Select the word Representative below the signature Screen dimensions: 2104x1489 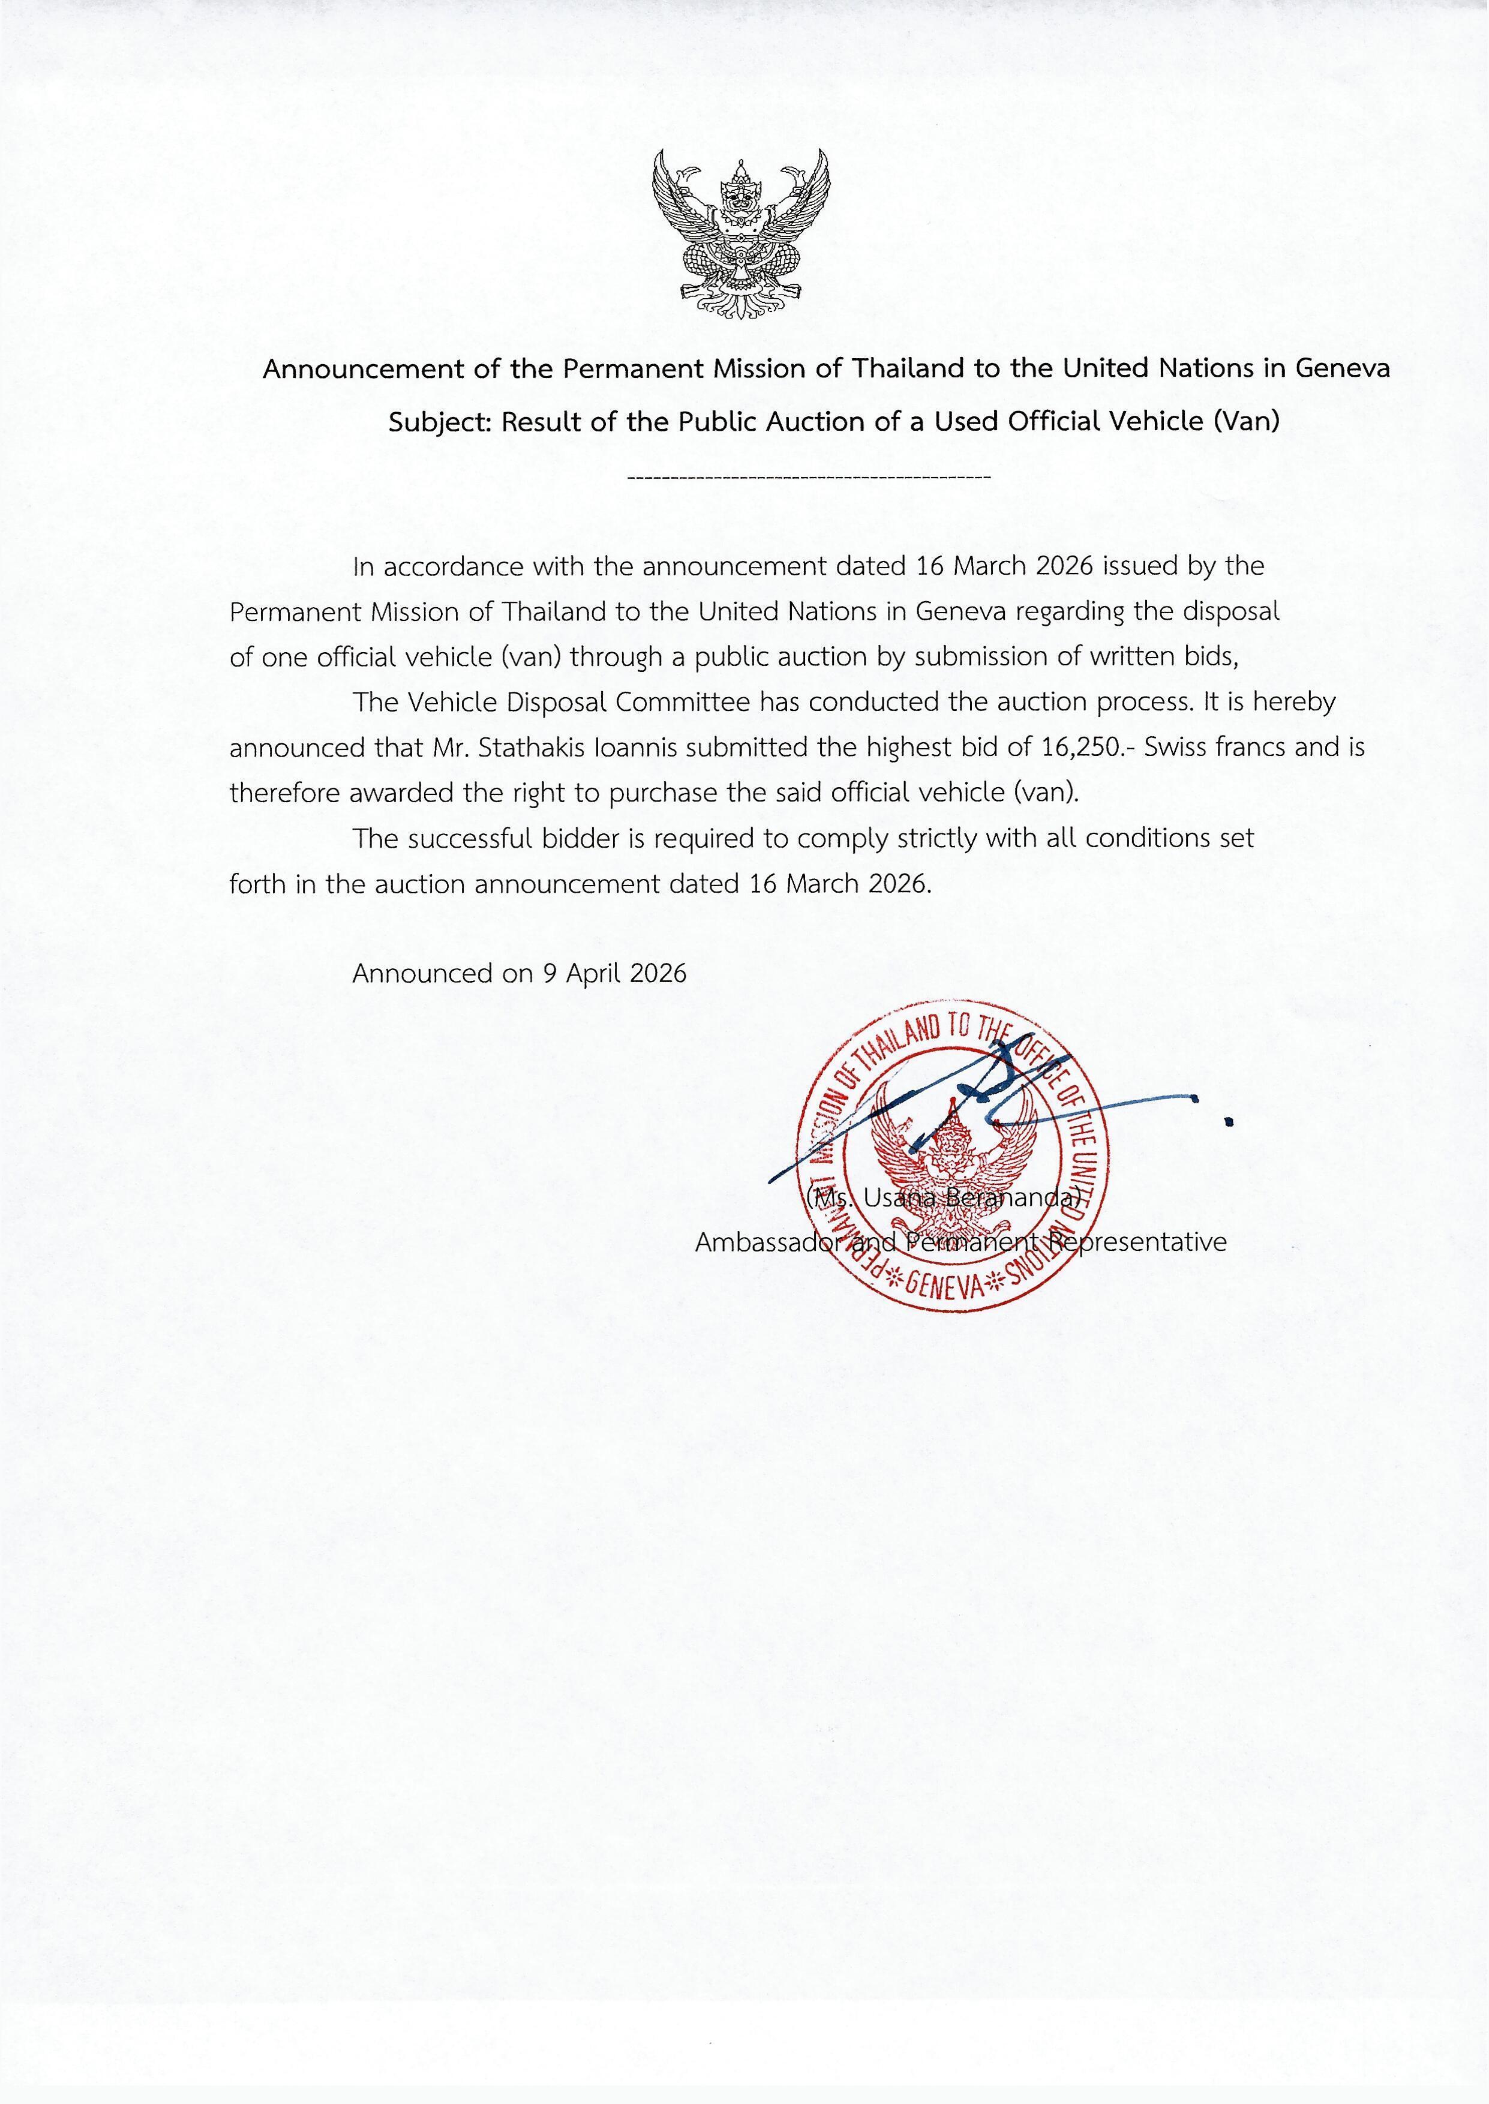(1137, 1242)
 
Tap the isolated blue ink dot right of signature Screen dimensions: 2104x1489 (1229, 1120)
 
